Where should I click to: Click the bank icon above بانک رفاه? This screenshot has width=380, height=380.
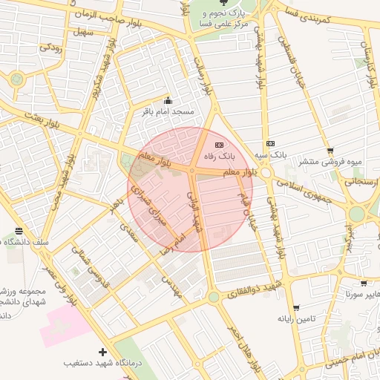(x=218, y=145)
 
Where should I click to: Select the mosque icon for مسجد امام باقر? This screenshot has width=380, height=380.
(x=168, y=101)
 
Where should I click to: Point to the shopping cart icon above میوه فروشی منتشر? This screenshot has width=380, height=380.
(x=330, y=149)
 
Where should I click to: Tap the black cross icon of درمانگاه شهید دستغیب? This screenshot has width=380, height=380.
(x=102, y=351)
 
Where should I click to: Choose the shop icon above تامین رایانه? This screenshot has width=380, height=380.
(x=296, y=307)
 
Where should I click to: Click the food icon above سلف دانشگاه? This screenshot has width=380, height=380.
(x=19, y=231)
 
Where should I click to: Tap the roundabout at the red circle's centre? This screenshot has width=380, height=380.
(x=191, y=171)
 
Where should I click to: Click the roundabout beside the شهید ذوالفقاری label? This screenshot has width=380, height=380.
(x=214, y=297)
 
